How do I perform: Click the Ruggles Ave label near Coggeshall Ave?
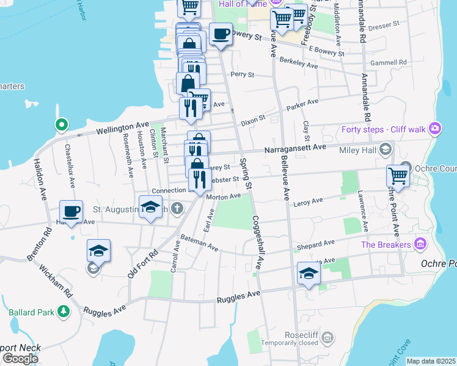(x=239, y=298)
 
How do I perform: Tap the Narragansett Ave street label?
(x=294, y=148)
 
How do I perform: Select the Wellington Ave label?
(x=122, y=128)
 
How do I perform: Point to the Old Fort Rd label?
(x=143, y=263)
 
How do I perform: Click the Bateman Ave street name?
(x=199, y=242)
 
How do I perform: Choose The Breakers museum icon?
(x=420, y=245)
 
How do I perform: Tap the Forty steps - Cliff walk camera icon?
(x=435, y=128)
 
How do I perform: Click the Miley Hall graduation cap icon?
(x=385, y=149)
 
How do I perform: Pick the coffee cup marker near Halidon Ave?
(x=71, y=211)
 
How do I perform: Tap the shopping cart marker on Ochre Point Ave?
(x=398, y=176)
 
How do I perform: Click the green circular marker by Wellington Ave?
(x=61, y=125)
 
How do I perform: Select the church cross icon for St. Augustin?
(x=177, y=209)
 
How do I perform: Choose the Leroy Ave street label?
(x=308, y=202)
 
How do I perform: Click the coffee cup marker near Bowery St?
(x=221, y=34)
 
